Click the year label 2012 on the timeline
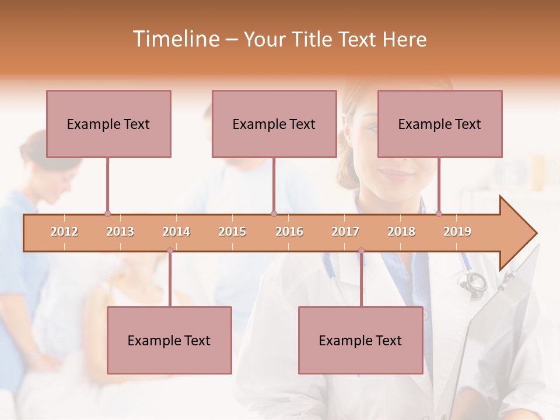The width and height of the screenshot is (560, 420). tap(64, 232)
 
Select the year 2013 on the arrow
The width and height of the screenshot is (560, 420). tap(120, 232)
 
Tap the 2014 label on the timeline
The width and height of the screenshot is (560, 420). tap(176, 232)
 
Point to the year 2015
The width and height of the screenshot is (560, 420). tap(232, 232)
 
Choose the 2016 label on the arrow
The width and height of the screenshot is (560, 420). tap(289, 232)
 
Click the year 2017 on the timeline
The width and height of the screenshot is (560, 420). tap(345, 232)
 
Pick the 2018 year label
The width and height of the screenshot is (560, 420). tap(401, 232)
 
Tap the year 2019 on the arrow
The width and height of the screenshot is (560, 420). tap(457, 232)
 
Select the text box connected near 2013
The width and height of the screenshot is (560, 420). tap(108, 124)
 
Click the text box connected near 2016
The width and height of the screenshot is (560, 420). tap(274, 124)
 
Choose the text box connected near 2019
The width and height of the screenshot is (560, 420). tap(440, 124)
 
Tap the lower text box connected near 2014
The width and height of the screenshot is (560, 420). tap(169, 340)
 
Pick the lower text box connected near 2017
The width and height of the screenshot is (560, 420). tap(360, 340)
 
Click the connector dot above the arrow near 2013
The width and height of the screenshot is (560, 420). tap(107, 213)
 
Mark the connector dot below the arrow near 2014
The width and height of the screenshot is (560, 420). tap(170, 251)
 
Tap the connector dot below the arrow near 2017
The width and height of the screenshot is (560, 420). tap(361, 251)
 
